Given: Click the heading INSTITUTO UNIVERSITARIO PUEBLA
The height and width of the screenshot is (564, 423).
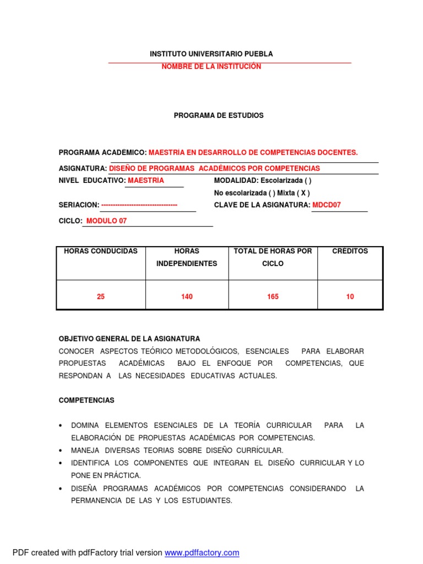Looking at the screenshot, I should click(211, 54).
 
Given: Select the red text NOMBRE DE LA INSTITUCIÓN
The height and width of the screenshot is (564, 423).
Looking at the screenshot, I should click(211, 67).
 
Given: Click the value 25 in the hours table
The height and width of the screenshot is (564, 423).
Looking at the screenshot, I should click(101, 297).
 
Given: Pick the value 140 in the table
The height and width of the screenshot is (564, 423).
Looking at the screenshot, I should click(187, 297).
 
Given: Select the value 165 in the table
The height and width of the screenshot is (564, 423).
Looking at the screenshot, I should click(273, 297).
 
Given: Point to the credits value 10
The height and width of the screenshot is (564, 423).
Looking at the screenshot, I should click(350, 297).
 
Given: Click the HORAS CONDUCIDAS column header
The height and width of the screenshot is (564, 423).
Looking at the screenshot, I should click(101, 251).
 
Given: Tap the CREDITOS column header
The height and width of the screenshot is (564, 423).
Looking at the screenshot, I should click(350, 251).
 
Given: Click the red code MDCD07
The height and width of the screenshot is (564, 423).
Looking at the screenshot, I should click(327, 205).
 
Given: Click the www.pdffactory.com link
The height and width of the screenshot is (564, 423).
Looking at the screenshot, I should click(202, 552).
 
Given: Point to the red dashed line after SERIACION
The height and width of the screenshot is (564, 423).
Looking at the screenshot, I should click(139, 205).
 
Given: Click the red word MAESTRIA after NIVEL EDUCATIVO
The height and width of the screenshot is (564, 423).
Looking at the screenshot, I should click(146, 181).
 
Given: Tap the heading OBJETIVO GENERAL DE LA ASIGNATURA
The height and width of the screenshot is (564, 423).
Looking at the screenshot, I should click(129, 339).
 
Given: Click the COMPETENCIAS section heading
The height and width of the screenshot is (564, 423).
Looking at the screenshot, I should click(86, 400).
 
